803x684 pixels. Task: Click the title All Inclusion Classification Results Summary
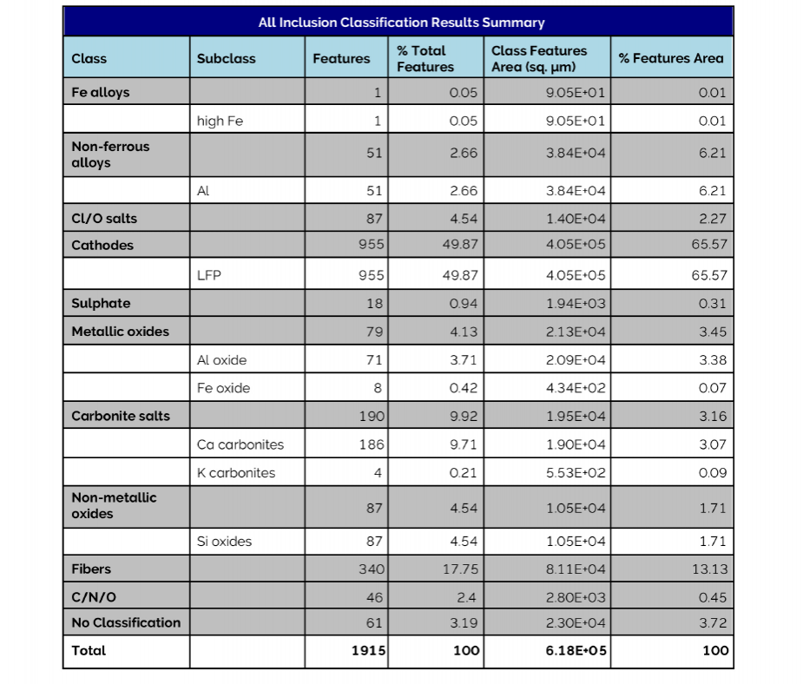coord(401,23)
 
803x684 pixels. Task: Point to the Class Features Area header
coord(539,59)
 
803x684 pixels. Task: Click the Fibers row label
coord(91,569)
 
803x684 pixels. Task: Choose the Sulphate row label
coord(101,304)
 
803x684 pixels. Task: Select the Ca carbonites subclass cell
coord(240,444)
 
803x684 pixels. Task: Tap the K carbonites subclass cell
coord(236,473)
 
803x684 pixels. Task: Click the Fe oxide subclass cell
coord(224,388)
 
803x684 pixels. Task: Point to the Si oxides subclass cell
coord(225,542)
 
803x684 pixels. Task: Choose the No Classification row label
coord(126,622)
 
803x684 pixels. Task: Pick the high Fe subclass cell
coord(220,121)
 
